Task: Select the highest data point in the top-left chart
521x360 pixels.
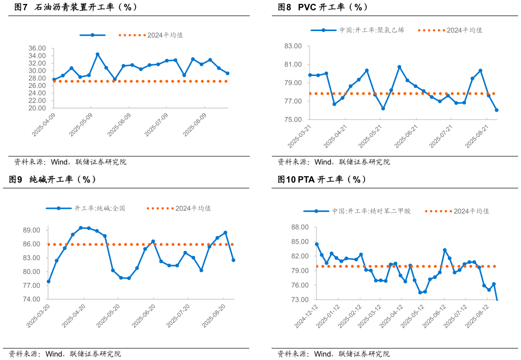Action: [x=98, y=54]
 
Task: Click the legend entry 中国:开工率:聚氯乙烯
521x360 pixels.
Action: [x=372, y=30]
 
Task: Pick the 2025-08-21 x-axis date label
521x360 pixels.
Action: [x=477, y=136]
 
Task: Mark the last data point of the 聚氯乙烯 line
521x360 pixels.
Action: [x=496, y=110]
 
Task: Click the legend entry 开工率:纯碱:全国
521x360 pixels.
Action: [x=100, y=208]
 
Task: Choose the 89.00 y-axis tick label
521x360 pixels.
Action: [x=32, y=230]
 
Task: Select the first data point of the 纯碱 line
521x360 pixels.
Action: [x=48, y=281]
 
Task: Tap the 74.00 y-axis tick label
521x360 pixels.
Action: [x=32, y=299]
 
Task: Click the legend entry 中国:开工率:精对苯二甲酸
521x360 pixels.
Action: [x=371, y=211]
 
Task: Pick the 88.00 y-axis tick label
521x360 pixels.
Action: [x=300, y=227]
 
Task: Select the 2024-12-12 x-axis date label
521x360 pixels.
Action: [x=306, y=316]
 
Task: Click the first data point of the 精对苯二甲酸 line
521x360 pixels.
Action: [x=317, y=244]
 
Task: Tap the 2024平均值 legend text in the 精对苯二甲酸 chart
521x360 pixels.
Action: [x=472, y=211]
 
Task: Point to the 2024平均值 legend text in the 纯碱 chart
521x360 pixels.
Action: [x=193, y=208]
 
